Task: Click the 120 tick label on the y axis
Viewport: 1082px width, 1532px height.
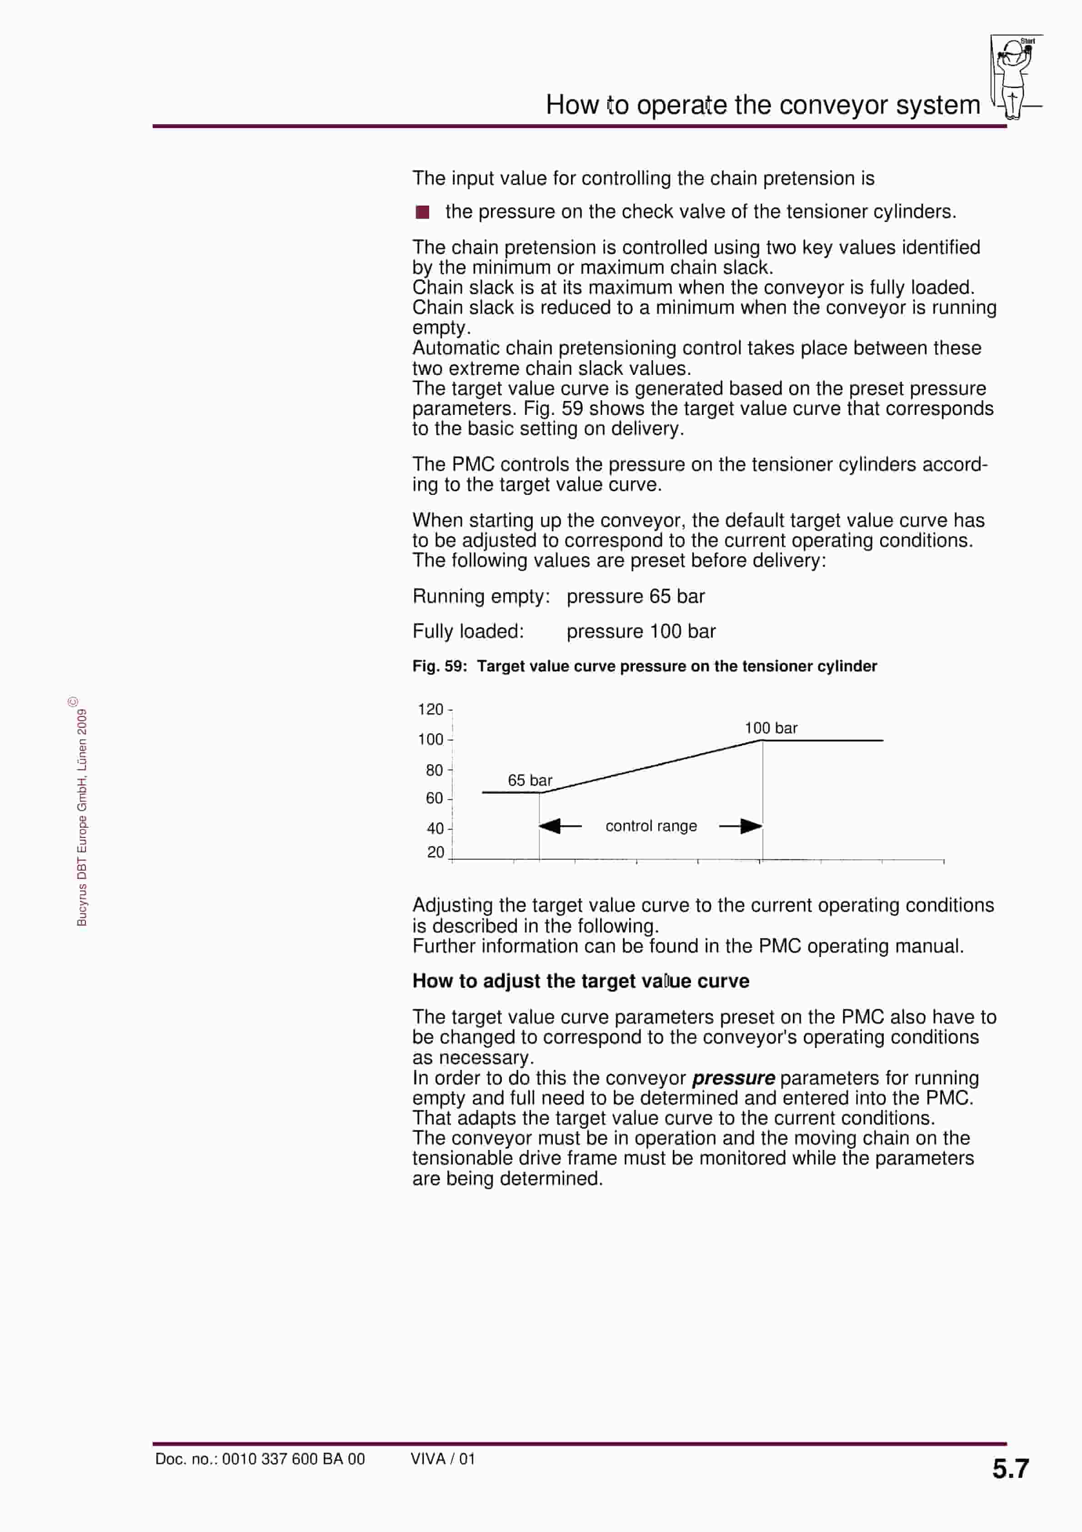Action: [x=430, y=709]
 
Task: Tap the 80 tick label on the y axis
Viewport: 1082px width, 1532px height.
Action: [x=434, y=770]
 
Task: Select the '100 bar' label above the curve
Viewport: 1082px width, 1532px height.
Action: [x=771, y=728]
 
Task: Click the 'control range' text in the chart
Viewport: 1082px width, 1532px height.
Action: [x=651, y=826]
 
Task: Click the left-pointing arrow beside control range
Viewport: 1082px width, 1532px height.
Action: [x=559, y=826]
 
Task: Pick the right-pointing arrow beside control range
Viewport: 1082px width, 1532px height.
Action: [x=742, y=826]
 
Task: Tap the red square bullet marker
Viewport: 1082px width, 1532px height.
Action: [x=422, y=212]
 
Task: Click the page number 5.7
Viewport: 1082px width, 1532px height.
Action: [x=1010, y=1469]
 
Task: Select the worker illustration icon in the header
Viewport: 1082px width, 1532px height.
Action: [x=1013, y=77]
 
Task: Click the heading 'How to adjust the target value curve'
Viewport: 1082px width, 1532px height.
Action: [x=581, y=981]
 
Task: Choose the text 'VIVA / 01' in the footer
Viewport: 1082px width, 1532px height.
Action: [x=443, y=1459]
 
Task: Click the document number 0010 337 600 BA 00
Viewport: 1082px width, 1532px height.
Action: [x=294, y=1459]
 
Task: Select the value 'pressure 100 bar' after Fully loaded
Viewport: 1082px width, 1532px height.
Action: [x=641, y=631]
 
